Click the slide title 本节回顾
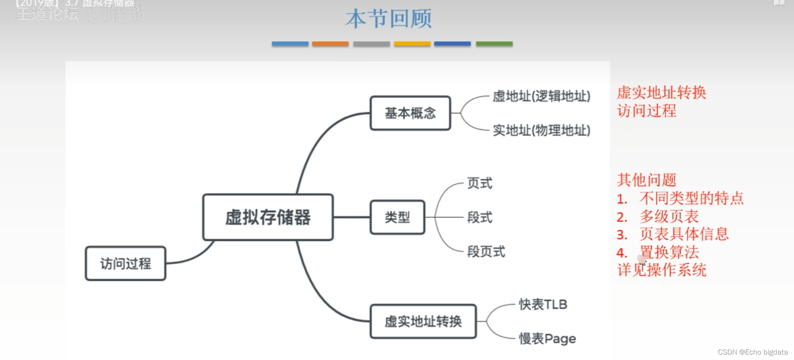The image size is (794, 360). click(x=389, y=19)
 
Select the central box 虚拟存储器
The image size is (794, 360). click(x=268, y=217)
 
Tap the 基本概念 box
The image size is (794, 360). click(x=410, y=113)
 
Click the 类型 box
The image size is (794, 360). click(x=397, y=217)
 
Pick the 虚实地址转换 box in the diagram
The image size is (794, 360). click(x=423, y=321)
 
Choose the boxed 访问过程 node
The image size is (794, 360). click(x=125, y=264)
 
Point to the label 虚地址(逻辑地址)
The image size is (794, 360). click(x=541, y=96)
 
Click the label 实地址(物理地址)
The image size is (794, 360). click(x=541, y=130)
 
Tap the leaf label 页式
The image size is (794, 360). click(x=479, y=183)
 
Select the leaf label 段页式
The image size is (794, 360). click(x=486, y=251)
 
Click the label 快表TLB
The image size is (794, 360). click(x=543, y=304)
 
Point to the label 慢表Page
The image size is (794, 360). click(x=547, y=338)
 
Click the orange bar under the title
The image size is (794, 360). click(x=330, y=43)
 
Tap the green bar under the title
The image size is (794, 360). click(x=494, y=43)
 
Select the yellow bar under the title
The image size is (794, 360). click(x=412, y=43)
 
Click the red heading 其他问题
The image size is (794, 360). click(x=646, y=180)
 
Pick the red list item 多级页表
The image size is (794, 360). click(x=669, y=216)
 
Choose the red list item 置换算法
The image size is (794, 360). click(x=669, y=252)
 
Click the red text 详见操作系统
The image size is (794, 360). click(x=662, y=270)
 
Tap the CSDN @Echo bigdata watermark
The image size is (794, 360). click(x=753, y=352)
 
